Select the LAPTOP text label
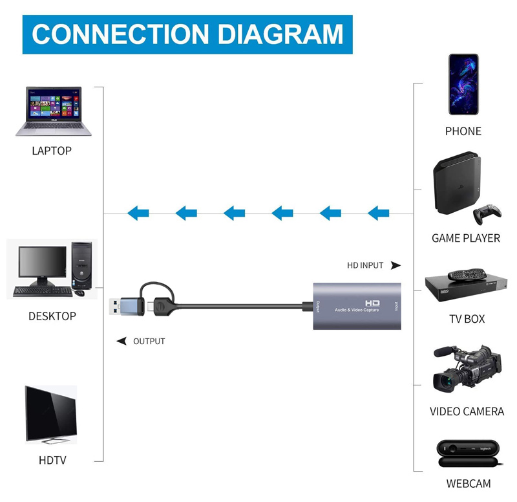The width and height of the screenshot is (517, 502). pyautogui.click(x=52, y=151)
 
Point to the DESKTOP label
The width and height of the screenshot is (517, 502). pyautogui.click(x=52, y=316)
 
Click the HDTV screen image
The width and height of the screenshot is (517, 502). pyautogui.click(x=50, y=414)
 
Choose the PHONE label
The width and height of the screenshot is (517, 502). pyautogui.click(x=463, y=131)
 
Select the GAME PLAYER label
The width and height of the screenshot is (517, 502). pyautogui.click(x=466, y=238)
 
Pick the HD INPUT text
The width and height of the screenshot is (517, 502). pyautogui.click(x=365, y=265)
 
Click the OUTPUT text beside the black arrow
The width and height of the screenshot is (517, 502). pyautogui.click(x=149, y=341)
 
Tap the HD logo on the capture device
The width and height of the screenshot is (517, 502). pyautogui.click(x=372, y=302)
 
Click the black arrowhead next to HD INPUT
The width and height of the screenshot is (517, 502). pyautogui.click(x=396, y=265)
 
